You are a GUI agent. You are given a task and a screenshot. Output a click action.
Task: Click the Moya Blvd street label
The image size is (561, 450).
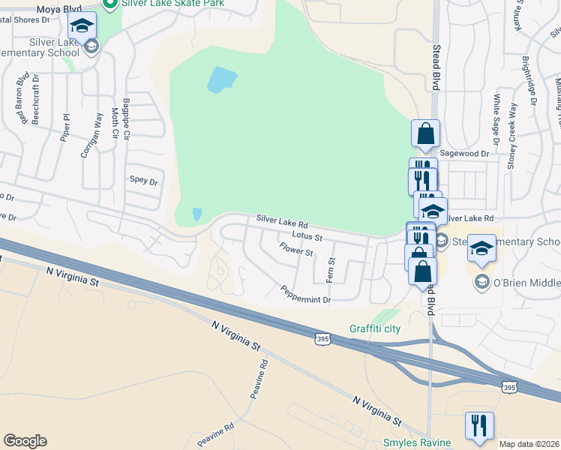coord(59,9)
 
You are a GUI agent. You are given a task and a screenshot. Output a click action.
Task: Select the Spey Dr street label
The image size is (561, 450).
coord(144,181)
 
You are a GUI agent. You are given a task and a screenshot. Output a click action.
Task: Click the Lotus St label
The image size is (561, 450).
coord(307,236)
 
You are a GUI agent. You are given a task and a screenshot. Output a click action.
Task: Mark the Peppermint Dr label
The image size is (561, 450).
coord(305,295)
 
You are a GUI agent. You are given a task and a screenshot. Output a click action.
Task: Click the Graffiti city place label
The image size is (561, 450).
coord(375,329)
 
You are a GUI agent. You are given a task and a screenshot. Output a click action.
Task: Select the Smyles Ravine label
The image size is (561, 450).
coord(417,442)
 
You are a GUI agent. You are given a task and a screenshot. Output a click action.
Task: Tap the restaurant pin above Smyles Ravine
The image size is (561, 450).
coord(479,425)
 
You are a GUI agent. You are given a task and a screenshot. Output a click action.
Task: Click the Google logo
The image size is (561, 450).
coord(25,441)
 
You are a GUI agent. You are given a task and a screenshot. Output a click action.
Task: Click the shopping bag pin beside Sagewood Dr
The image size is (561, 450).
coord(425,134)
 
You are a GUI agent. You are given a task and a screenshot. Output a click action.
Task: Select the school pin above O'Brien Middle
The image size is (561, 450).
coord(481,249)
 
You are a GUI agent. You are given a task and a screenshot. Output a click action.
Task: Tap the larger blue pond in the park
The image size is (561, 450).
coord(221,79)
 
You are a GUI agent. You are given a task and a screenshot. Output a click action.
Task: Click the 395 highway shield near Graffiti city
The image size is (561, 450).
coord(322,340)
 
